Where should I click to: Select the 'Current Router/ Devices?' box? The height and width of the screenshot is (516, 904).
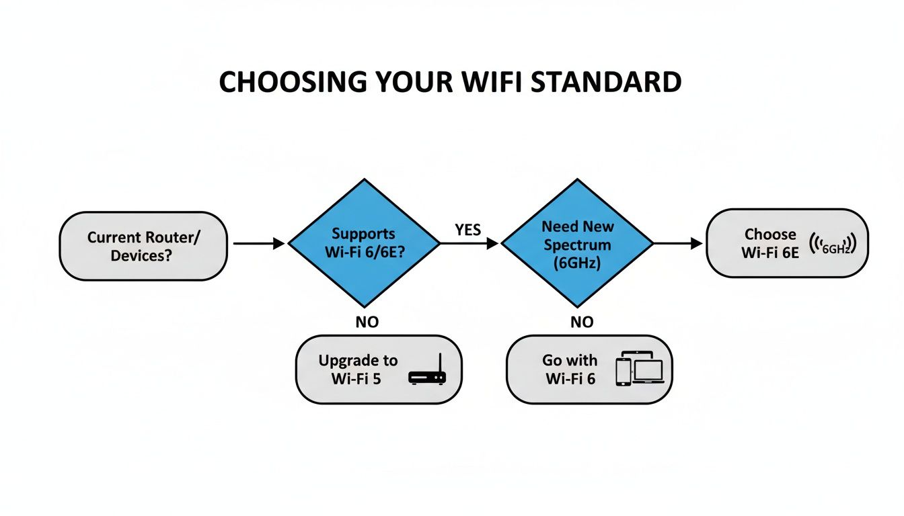[143, 246]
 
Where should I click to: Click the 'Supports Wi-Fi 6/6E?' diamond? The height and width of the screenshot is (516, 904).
[364, 244]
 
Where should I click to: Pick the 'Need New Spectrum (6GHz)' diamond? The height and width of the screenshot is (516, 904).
[577, 244]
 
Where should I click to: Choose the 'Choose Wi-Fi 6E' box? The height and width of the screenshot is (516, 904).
[786, 243]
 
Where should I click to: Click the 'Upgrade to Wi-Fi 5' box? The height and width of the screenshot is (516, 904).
[379, 370]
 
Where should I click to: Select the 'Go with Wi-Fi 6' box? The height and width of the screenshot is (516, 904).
[589, 370]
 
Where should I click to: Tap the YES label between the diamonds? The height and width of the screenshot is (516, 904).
[467, 230]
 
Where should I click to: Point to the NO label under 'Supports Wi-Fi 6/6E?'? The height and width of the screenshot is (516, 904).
[367, 322]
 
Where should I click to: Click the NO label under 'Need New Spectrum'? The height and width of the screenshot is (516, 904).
[582, 322]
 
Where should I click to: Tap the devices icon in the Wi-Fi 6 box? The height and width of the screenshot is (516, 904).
[639, 370]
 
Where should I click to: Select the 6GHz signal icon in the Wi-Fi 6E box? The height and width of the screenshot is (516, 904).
[833, 245]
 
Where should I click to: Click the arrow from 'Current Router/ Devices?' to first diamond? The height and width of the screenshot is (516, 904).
[258, 244]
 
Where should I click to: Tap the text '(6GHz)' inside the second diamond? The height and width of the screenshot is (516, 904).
[576, 263]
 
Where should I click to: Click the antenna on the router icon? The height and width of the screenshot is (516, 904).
[439, 363]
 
